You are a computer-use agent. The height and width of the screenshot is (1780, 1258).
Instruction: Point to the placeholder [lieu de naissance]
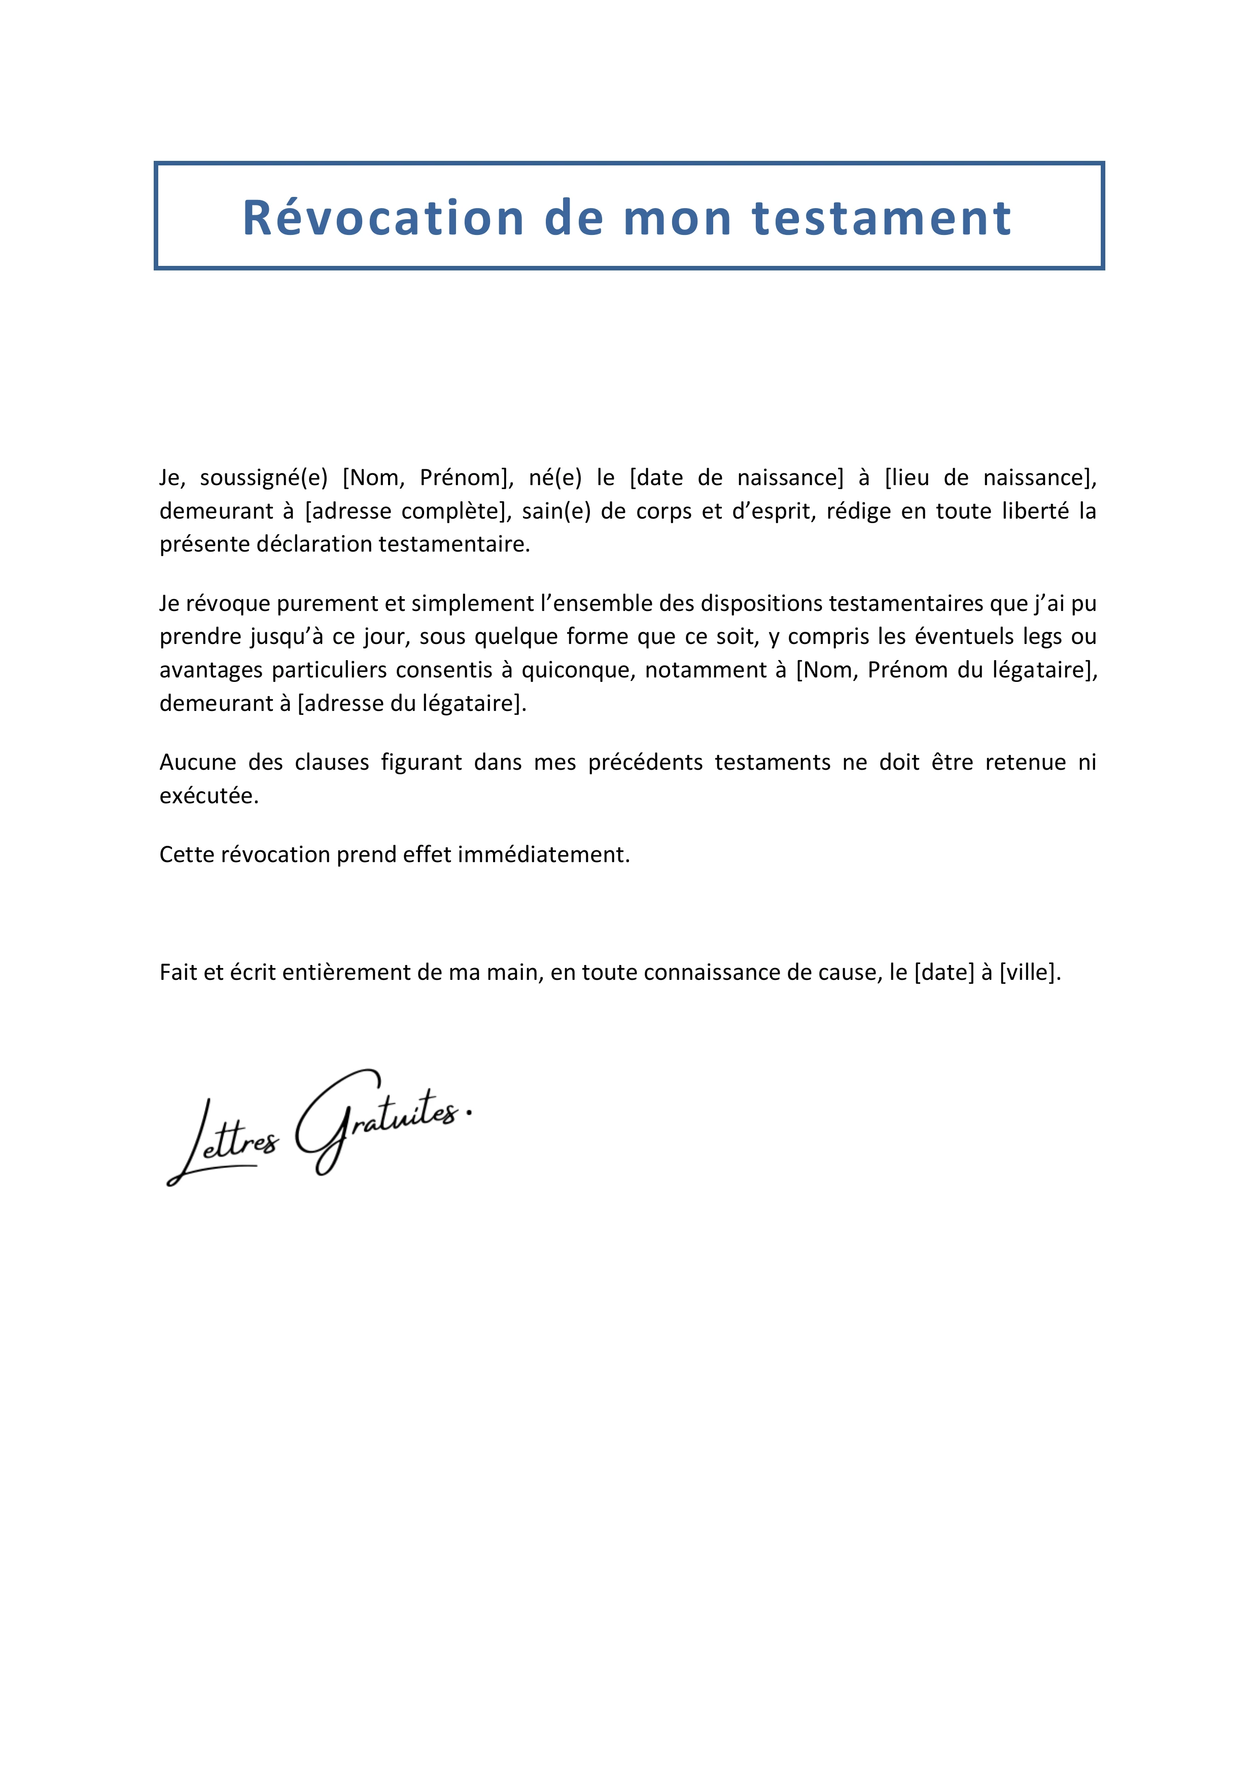[991, 477]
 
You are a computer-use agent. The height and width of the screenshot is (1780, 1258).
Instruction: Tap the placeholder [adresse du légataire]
[411, 703]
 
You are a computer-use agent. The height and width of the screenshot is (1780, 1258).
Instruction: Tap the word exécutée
[208, 796]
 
